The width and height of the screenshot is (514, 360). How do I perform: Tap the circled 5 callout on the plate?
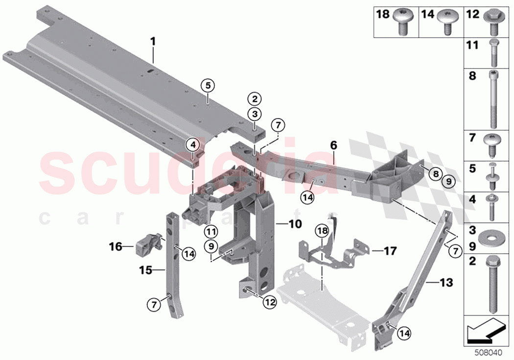coord(208,85)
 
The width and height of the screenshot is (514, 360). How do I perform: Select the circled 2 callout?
coord(254,98)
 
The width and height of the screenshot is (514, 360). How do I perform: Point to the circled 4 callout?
coord(193,144)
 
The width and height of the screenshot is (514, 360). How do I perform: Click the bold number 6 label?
coord(333,145)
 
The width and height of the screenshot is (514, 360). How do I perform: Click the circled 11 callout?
coord(211,231)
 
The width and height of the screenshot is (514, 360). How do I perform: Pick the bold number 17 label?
coord(390,251)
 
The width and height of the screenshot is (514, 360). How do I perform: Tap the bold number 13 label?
coord(446,283)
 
